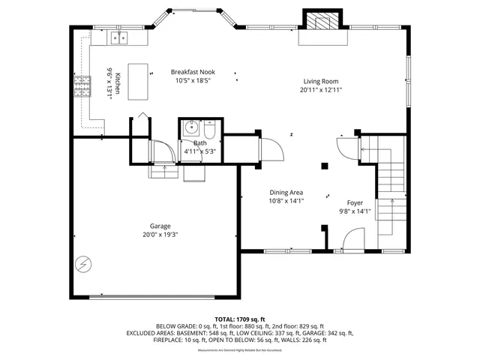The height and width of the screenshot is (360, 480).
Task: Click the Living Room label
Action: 321,81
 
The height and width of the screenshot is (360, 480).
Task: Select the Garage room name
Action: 160,226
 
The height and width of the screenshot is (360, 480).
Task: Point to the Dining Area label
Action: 286,192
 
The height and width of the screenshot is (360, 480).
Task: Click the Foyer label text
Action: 355,202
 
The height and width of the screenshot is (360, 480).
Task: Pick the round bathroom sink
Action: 190,126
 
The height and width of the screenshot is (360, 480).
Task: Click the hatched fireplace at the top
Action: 320,20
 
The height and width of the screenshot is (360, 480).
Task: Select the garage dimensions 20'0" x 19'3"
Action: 160,235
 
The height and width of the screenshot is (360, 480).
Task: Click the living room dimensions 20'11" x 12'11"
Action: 321,90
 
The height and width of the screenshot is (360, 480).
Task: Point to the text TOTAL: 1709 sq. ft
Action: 240,319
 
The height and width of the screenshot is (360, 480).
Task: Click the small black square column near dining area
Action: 324,166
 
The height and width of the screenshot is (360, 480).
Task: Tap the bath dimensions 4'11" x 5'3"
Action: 200,151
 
